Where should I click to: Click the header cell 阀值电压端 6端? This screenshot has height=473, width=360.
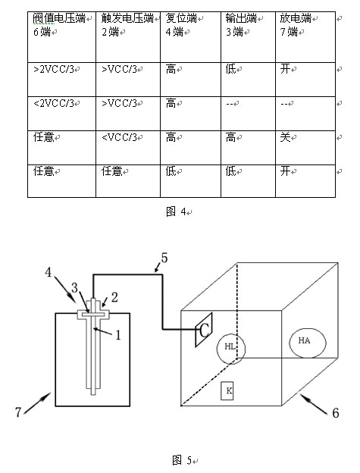tap(61, 37)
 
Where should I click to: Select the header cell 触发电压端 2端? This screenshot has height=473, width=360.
tap(128, 37)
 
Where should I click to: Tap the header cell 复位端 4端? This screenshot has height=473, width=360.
tap(190, 37)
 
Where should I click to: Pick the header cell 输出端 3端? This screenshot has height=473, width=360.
tap(248, 37)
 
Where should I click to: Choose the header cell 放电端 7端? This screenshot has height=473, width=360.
tap(305, 37)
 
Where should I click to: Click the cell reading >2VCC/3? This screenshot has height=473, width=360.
tap(61, 80)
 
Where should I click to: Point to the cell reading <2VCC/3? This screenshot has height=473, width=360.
tap(61, 114)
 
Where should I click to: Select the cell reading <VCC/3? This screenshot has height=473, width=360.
tap(128, 148)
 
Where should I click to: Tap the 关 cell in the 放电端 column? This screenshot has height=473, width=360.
tap(305, 148)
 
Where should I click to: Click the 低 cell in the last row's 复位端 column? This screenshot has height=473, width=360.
tap(190, 181)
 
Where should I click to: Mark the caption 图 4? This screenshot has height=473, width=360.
tap(177, 211)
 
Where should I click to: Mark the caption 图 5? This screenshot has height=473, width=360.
tap(182, 460)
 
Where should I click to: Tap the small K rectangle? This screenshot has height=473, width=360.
tap(227, 391)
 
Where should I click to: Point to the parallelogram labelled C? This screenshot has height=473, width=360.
tap(204, 330)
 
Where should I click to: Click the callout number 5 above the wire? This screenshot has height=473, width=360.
tap(164, 258)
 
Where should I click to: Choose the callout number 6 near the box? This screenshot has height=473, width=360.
tap(336, 412)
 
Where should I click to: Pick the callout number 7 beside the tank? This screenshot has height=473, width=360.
tap(18, 412)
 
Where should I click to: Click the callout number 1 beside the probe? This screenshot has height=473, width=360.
tap(118, 335)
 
